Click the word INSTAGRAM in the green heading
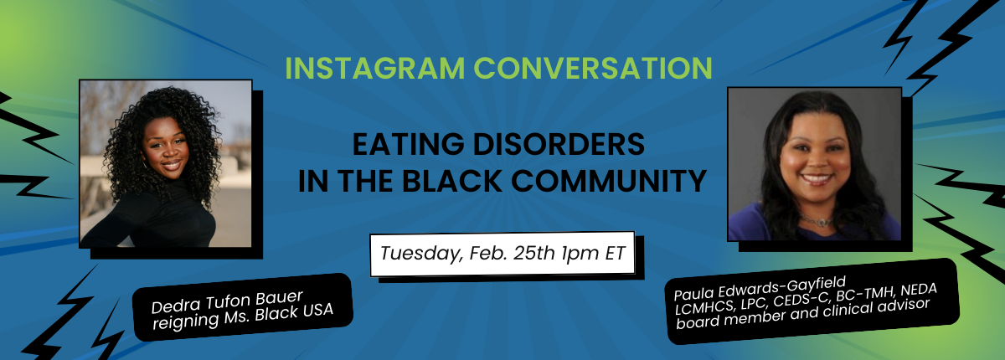(375, 68)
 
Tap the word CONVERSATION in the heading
(593, 68)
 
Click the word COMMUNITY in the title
(609, 181)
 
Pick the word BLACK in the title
(451, 181)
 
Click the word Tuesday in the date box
(420, 254)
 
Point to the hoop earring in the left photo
(144, 165)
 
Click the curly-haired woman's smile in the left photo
(171, 165)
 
